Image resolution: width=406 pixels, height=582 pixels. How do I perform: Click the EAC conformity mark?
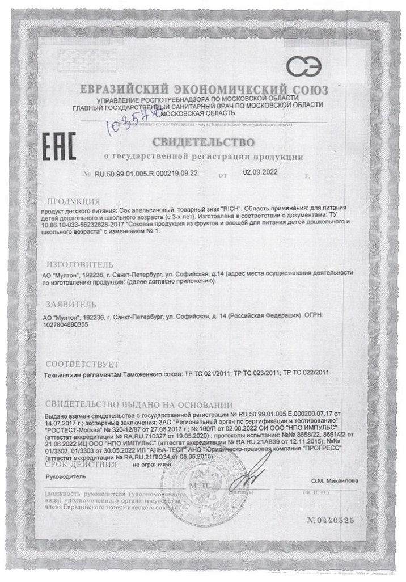tap(59, 146)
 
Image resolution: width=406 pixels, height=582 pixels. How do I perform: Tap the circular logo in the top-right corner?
tap(303, 68)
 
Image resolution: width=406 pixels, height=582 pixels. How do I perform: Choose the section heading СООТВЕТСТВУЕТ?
tap(82, 363)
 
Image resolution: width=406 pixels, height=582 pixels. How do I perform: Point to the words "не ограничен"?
tap(151, 464)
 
